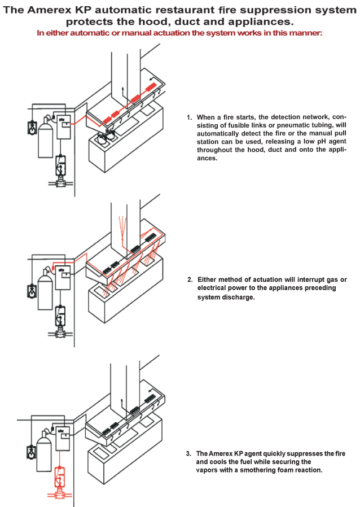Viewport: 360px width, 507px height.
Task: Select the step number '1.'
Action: pos(190,117)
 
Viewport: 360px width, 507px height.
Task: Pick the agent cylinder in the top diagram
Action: pos(45,139)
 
